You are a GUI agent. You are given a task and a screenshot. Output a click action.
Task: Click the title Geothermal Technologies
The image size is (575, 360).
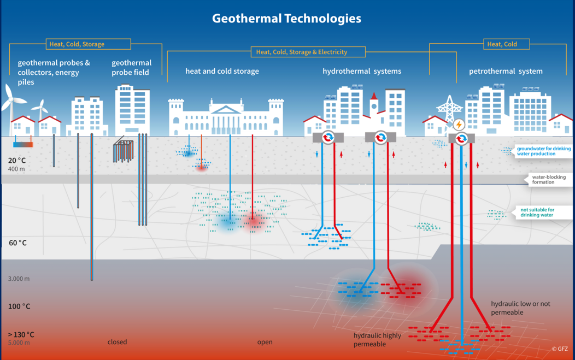pos(286,19)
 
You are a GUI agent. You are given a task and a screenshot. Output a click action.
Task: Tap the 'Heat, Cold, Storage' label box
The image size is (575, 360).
pos(88,44)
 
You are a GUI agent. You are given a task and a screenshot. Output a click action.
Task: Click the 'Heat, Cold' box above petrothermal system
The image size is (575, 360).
pos(507,44)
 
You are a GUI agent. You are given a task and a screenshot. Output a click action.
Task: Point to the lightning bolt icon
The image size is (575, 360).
pos(459,125)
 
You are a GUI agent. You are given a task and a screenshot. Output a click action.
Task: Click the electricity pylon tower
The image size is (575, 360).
pos(449,110)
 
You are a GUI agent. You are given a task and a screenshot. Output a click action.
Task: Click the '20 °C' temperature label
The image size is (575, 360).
pos(17,160)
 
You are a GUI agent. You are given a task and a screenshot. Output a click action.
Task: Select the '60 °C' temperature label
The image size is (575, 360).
pos(17,243)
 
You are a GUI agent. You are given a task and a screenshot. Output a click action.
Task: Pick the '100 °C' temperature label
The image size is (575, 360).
pos(19,306)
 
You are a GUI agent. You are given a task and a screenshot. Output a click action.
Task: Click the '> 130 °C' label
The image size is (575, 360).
pos(21,334)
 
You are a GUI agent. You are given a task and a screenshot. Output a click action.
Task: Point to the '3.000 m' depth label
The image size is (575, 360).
pos(19,279)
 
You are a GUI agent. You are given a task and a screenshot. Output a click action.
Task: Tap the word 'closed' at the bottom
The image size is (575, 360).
pos(117,341)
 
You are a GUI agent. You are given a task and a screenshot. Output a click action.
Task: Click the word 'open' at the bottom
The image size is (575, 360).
pos(265,342)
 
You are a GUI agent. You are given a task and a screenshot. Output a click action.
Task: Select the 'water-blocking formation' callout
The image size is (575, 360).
pos(548,179)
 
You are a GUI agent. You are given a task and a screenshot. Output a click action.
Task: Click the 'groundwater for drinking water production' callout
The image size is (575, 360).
pos(542,151)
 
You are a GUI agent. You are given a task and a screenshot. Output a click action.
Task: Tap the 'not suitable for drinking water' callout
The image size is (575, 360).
pos(539,213)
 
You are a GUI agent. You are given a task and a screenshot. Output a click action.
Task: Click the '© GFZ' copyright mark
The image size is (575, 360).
pos(560,349)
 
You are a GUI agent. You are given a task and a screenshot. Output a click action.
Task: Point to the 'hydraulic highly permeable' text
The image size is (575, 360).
pos(377,339)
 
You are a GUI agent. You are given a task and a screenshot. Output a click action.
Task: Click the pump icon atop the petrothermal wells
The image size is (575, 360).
pos(461,139)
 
